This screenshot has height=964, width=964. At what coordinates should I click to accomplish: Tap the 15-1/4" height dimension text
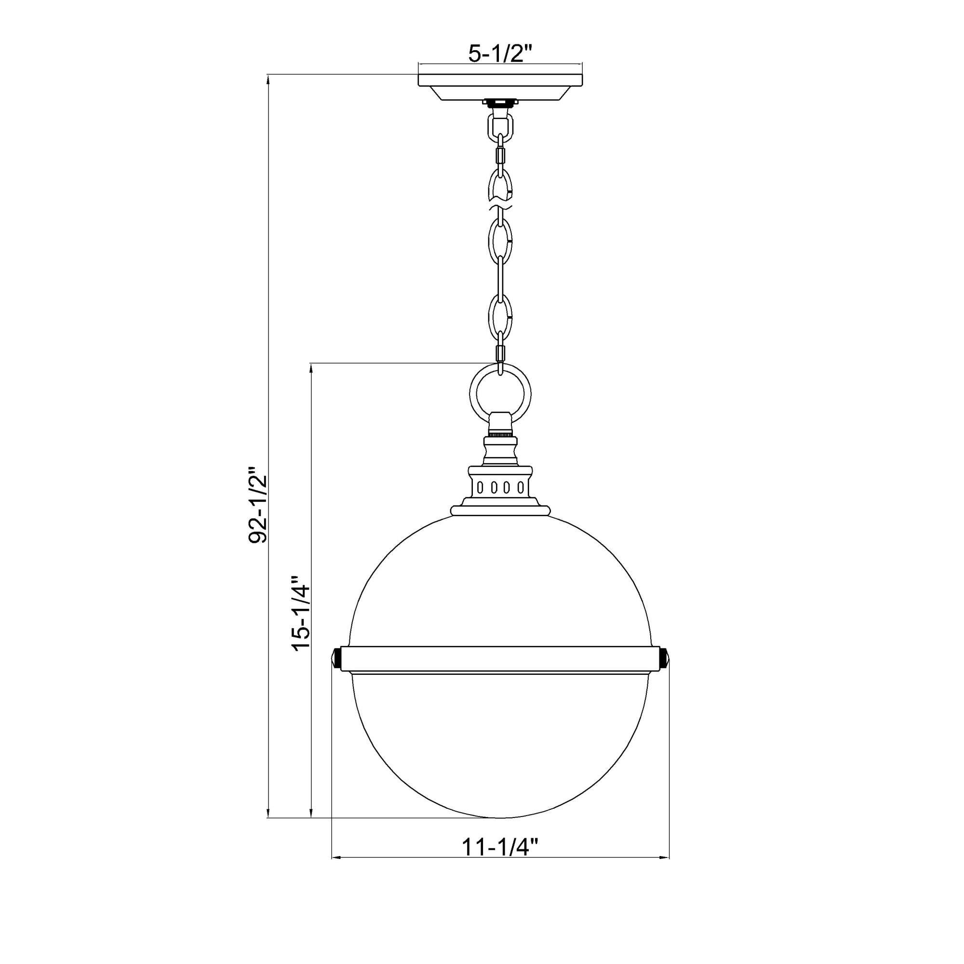coord(301,613)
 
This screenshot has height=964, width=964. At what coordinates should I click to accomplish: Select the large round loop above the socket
coord(500,394)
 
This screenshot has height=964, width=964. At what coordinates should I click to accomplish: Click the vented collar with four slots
coord(500,486)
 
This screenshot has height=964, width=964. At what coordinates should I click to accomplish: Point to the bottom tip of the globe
coord(500,818)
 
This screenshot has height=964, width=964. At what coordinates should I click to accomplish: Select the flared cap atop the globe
coord(500,510)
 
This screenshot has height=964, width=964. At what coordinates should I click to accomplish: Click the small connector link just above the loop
coord(500,353)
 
